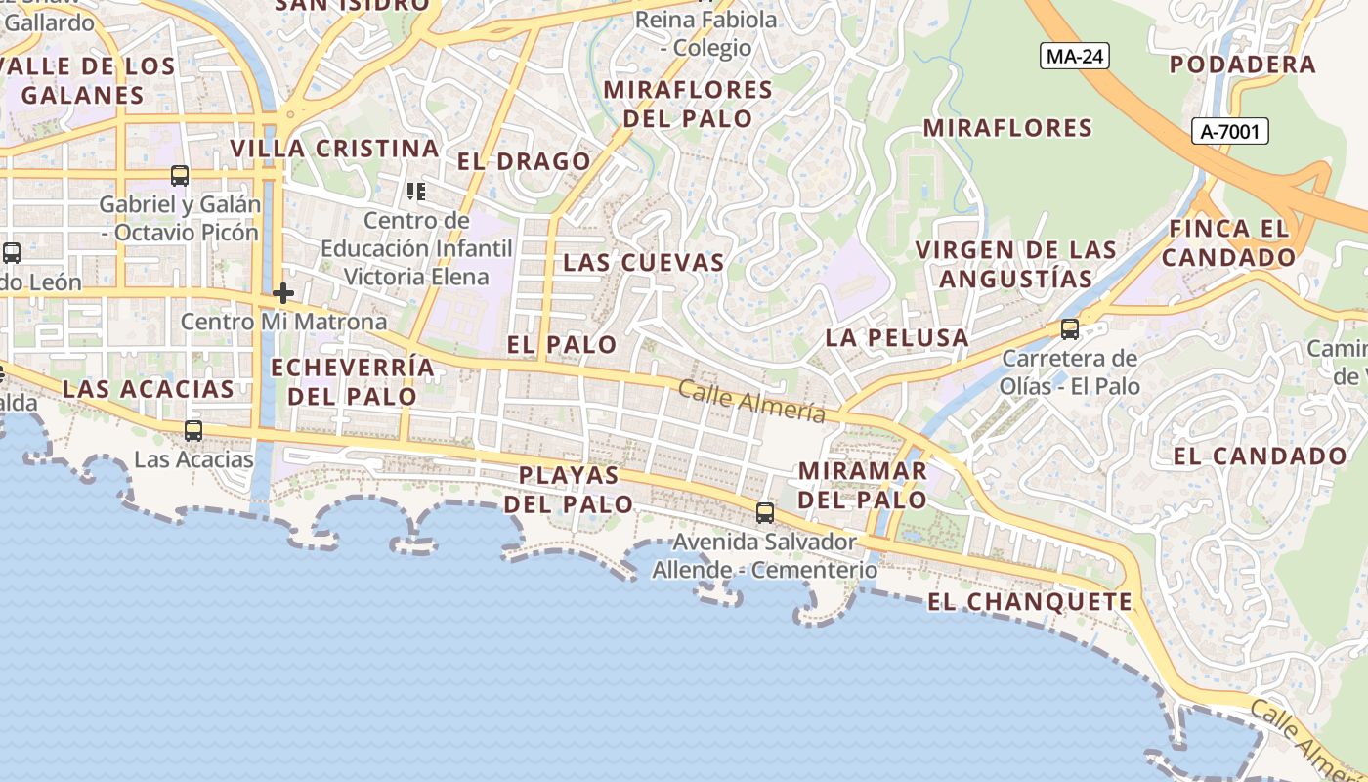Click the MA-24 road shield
(1075, 57)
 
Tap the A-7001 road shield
(1229, 131)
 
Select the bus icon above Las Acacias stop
(193, 430)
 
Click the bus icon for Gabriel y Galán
(180, 176)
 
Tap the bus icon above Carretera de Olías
(1070, 329)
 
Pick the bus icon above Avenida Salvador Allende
(765, 512)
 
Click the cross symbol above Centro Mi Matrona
(283, 292)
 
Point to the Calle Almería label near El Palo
(751, 402)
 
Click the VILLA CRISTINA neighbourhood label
(334, 149)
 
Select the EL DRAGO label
(525, 161)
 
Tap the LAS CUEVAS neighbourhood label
(644, 262)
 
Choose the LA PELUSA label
(897, 338)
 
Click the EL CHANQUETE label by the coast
(1029, 602)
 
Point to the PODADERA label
(1243, 65)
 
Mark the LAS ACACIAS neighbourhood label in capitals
(149, 389)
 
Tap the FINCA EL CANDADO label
(1228, 243)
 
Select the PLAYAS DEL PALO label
(568, 490)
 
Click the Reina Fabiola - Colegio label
(706, 33)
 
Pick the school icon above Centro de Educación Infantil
(417, 191)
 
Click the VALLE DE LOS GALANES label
(88, 81)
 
